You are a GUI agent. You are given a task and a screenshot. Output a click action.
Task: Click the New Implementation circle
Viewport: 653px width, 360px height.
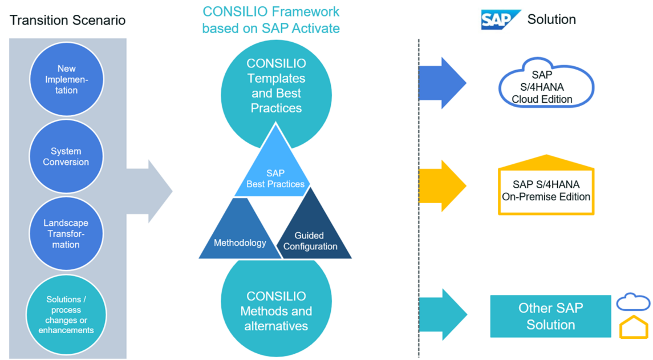(67, 79)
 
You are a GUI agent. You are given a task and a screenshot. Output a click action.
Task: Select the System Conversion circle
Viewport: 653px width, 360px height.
(66, 156)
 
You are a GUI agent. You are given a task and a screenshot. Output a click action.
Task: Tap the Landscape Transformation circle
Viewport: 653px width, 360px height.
(66, 233)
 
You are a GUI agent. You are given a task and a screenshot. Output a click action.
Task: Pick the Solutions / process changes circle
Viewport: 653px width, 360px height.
(66, 314)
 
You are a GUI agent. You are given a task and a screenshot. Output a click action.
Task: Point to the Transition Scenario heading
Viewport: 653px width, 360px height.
(68, 21)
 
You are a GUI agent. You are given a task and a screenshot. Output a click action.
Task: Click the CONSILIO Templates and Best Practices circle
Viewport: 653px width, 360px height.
(276, 86)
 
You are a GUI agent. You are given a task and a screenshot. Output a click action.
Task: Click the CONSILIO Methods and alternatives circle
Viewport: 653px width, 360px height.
(276, 310)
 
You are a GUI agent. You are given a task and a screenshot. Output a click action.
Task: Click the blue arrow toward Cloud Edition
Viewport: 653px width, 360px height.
(443, 83)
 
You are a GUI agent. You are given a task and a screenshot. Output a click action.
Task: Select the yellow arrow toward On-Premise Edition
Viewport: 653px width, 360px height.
(443, 186)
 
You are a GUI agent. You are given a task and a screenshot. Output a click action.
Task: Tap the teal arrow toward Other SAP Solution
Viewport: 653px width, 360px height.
(443, 314)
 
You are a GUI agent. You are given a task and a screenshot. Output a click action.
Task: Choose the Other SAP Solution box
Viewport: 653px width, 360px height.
(550, 316)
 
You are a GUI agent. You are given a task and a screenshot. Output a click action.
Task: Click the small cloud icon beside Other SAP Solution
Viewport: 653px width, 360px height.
(633, 302)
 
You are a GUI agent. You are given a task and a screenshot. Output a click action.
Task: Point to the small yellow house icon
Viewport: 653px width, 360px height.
(634, 329)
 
